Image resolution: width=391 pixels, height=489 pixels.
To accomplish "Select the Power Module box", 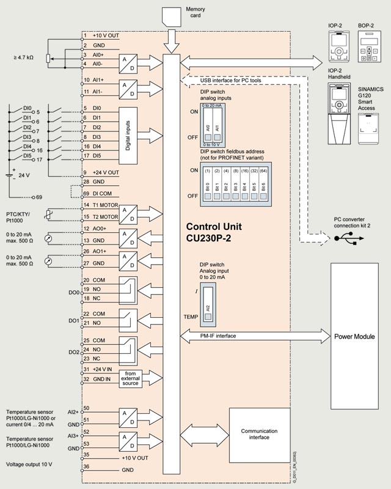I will (359, 336).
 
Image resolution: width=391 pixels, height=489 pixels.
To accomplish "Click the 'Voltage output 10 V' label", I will (29, 464).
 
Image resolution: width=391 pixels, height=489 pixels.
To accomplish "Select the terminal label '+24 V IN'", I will (104, 369).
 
